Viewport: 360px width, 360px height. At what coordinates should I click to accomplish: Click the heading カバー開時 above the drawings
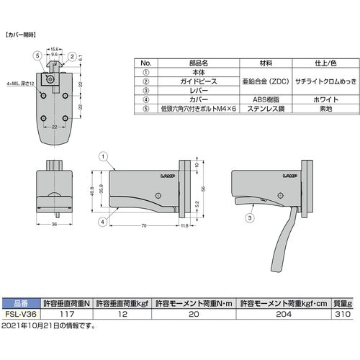click(x=21, y=34)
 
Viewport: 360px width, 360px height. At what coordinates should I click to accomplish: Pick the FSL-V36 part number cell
click(x=20, y=315)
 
